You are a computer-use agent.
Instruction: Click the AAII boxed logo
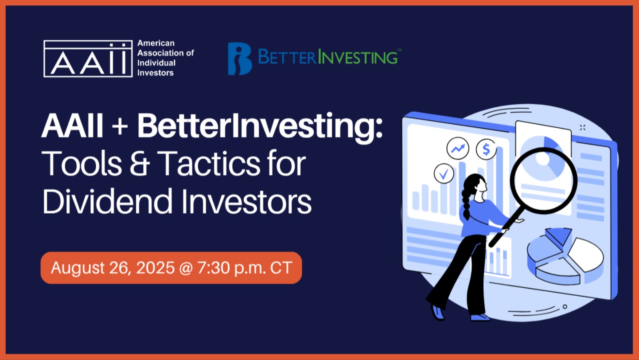[x=88, y=59]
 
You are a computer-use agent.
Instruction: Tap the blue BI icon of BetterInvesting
[x=240, y=59]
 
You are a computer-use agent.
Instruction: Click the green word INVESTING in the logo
[x=358, y=57]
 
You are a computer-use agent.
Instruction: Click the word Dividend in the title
[x=107, y=201]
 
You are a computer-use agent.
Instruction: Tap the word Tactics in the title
[x=209, y=164]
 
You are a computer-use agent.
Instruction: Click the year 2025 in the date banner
[x=155, y=268]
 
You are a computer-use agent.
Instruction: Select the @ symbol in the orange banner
[x=186, y=268]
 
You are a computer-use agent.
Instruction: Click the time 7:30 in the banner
[x=214, y=268]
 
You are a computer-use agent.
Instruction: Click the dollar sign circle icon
[x=486, y=149]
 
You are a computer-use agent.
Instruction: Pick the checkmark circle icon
[x=444, y=173]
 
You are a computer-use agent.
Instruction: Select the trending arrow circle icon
[x=458, y=148]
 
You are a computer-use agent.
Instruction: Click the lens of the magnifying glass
[x=543, y=181]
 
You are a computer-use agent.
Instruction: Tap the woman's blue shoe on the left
[x=438, y=313]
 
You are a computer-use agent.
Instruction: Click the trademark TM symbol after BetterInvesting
[x=399, y=50]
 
